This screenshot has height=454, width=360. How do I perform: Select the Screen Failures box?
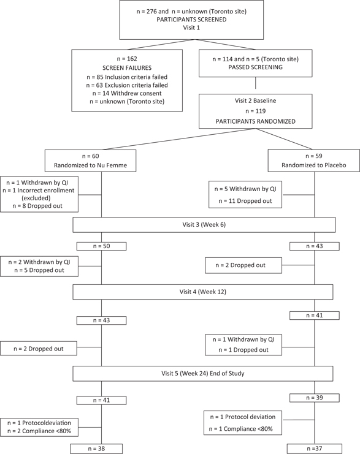click(126, 80)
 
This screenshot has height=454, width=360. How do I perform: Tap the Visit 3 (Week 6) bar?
click(204, 225)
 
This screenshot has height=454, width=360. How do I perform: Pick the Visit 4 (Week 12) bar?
click(202, 292)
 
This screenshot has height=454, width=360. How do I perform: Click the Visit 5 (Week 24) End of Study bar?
click(202, 373)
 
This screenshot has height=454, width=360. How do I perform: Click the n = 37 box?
click(314, 448)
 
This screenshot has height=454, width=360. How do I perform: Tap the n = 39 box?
click(314, 398)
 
